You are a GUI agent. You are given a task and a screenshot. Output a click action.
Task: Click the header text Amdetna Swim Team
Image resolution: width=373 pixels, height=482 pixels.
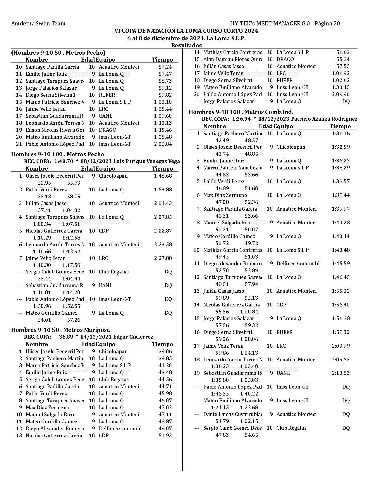click(38, 24)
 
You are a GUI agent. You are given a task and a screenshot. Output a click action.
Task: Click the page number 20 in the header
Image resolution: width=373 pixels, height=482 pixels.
click(336, 24)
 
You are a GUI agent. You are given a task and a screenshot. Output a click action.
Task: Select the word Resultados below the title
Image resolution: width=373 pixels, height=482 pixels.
click(186, 45)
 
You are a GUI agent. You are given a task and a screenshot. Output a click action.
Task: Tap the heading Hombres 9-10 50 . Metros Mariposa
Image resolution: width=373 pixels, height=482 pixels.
click(61, 330)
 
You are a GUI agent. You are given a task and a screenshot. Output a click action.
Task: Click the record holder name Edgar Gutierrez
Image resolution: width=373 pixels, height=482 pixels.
click(133, 337)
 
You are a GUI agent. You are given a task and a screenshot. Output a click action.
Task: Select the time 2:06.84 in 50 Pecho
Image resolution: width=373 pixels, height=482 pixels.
click(163, 144)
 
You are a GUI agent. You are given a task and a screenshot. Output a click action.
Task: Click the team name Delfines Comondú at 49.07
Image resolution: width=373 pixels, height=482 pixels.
click(120, 429)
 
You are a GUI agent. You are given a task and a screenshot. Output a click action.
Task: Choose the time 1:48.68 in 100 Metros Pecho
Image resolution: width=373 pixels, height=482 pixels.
click(163, 176)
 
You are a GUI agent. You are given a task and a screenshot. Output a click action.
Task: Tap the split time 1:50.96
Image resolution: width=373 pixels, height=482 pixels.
click(42, 306)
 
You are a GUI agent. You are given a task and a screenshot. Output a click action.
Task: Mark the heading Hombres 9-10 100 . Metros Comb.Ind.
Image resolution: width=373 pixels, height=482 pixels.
click(241, 112)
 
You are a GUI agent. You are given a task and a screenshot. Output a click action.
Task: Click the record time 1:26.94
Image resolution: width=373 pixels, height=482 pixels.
click(241, 119)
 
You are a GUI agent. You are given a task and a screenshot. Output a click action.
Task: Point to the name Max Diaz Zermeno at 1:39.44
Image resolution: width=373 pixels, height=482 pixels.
click(225, 195)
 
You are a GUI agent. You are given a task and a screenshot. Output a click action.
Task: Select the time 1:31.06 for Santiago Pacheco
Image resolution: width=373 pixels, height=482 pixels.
click(341, 133)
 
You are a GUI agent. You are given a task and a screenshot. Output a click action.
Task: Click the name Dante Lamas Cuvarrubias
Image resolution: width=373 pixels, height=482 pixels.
click(232, 414)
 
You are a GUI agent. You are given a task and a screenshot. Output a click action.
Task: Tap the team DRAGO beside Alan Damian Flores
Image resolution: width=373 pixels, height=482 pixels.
click(285, 59)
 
